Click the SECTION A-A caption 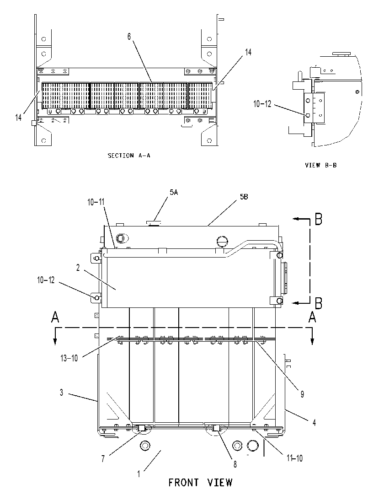click(129, 156)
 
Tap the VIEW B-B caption click(320, 165)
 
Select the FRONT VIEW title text click(200, 483)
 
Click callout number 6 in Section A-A click(129, 37)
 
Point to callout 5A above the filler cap click(174, 192)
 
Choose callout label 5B click(244, 197)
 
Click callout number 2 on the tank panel click(78, 268)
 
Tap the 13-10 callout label click(69, 358)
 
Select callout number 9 click(302, 394)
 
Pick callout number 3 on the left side click(62, 393)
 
